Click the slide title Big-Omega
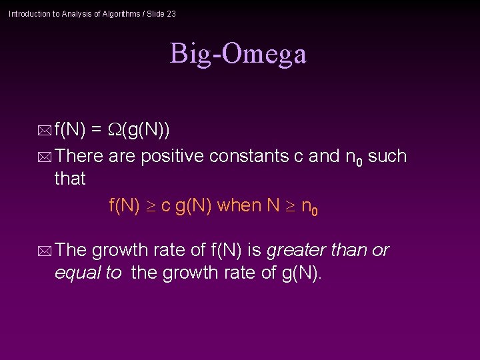point(238,54)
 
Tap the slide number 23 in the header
point(171,14)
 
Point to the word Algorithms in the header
point(121,14)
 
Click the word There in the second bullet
point(79,156)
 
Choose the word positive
point(172,156)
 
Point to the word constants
point(249,156)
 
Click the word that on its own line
point(70,179)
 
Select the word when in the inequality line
point(239,205)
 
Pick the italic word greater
point(297,251)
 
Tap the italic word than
point(351,250)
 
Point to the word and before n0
point(325,156)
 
